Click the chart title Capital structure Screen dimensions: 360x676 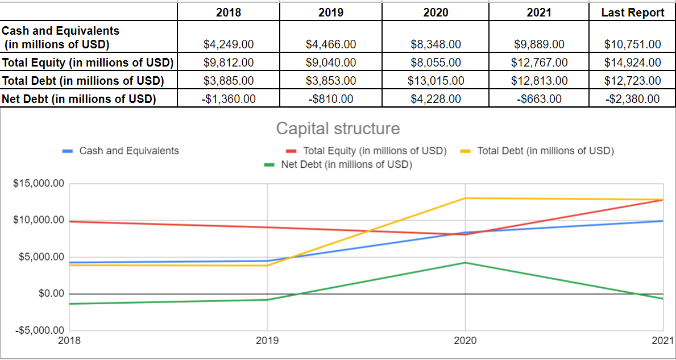tap(338, 129)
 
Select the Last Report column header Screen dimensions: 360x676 tap(633, 12)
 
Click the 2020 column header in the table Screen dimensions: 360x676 tap(436, 12)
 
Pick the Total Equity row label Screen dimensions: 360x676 tap(88, 62)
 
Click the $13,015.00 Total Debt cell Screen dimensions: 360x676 tap(436, 81)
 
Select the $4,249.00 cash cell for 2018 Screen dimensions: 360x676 tap(229, 44)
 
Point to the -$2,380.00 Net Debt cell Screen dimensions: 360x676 tap(633, 99)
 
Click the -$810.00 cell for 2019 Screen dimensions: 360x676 tap(331, 99)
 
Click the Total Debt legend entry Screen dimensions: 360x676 tap(545, 151)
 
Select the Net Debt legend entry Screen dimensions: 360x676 tap(346, 165)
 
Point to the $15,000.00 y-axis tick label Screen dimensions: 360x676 tap(39, 184)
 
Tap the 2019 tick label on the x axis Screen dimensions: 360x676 tap(267, 341)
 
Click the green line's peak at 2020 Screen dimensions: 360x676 tap(465, 263)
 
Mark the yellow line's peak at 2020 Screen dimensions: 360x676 tap(465, 198)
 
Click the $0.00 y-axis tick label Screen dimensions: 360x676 tap(51, 293)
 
